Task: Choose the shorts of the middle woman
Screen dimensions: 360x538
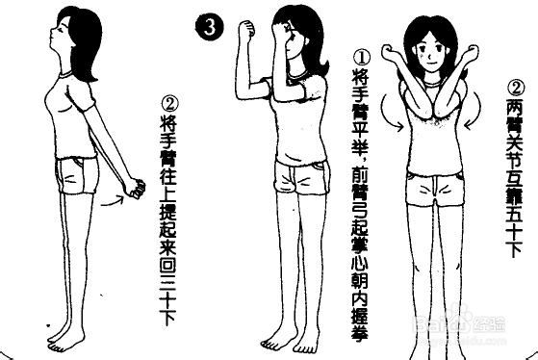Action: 299,179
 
